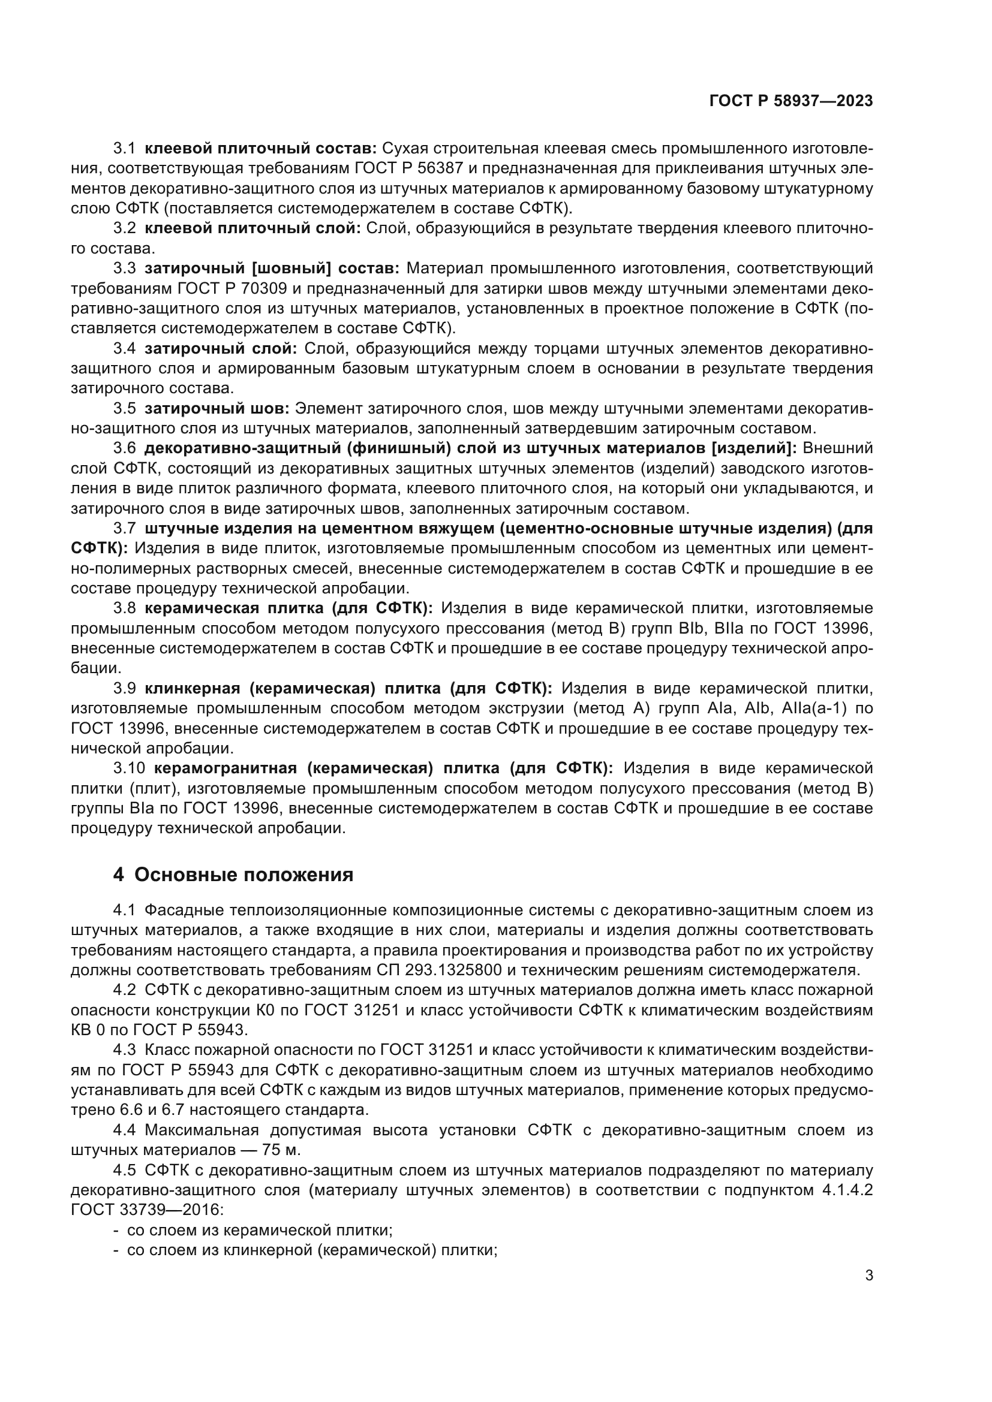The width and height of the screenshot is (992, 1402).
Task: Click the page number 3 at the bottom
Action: (868, 1276)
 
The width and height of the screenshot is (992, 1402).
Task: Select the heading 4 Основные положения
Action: (233, 875)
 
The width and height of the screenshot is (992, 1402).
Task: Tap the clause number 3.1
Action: (124, 149)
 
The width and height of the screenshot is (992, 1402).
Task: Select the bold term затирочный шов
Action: (217, 409)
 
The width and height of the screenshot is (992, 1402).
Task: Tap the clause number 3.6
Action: (124, 448)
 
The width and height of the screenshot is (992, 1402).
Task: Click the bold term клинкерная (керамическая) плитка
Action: (293, 689)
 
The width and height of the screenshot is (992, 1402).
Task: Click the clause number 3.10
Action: (129, 768)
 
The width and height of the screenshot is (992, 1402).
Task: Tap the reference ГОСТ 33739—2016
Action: (147, 1210)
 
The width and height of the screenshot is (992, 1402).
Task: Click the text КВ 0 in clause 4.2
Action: (89, 1030)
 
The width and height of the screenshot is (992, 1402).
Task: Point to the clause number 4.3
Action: (124, 1050)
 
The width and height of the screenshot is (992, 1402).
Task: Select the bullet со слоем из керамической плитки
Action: (259, 1231)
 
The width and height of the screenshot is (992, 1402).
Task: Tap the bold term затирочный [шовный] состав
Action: (272, 269)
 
